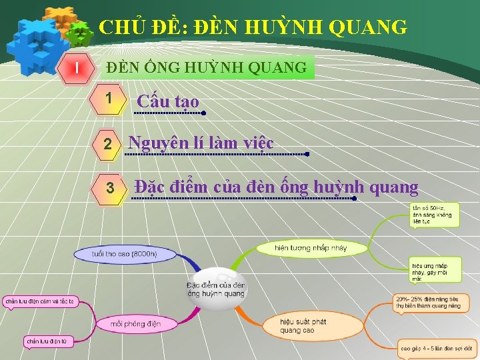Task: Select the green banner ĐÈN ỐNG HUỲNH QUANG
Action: click(207, 67)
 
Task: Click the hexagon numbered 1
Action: click(109, 99)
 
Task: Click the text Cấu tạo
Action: click(168, 101)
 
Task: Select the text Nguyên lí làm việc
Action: click(201, 143)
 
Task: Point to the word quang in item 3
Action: click(393, 187)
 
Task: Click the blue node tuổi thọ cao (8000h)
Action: click(125, 254)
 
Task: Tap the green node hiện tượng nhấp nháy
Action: click(311, 248)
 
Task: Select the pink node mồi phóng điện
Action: click(135, 324)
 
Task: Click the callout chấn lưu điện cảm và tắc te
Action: click(39, 301)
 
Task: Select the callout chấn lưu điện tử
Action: click(47, 341)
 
